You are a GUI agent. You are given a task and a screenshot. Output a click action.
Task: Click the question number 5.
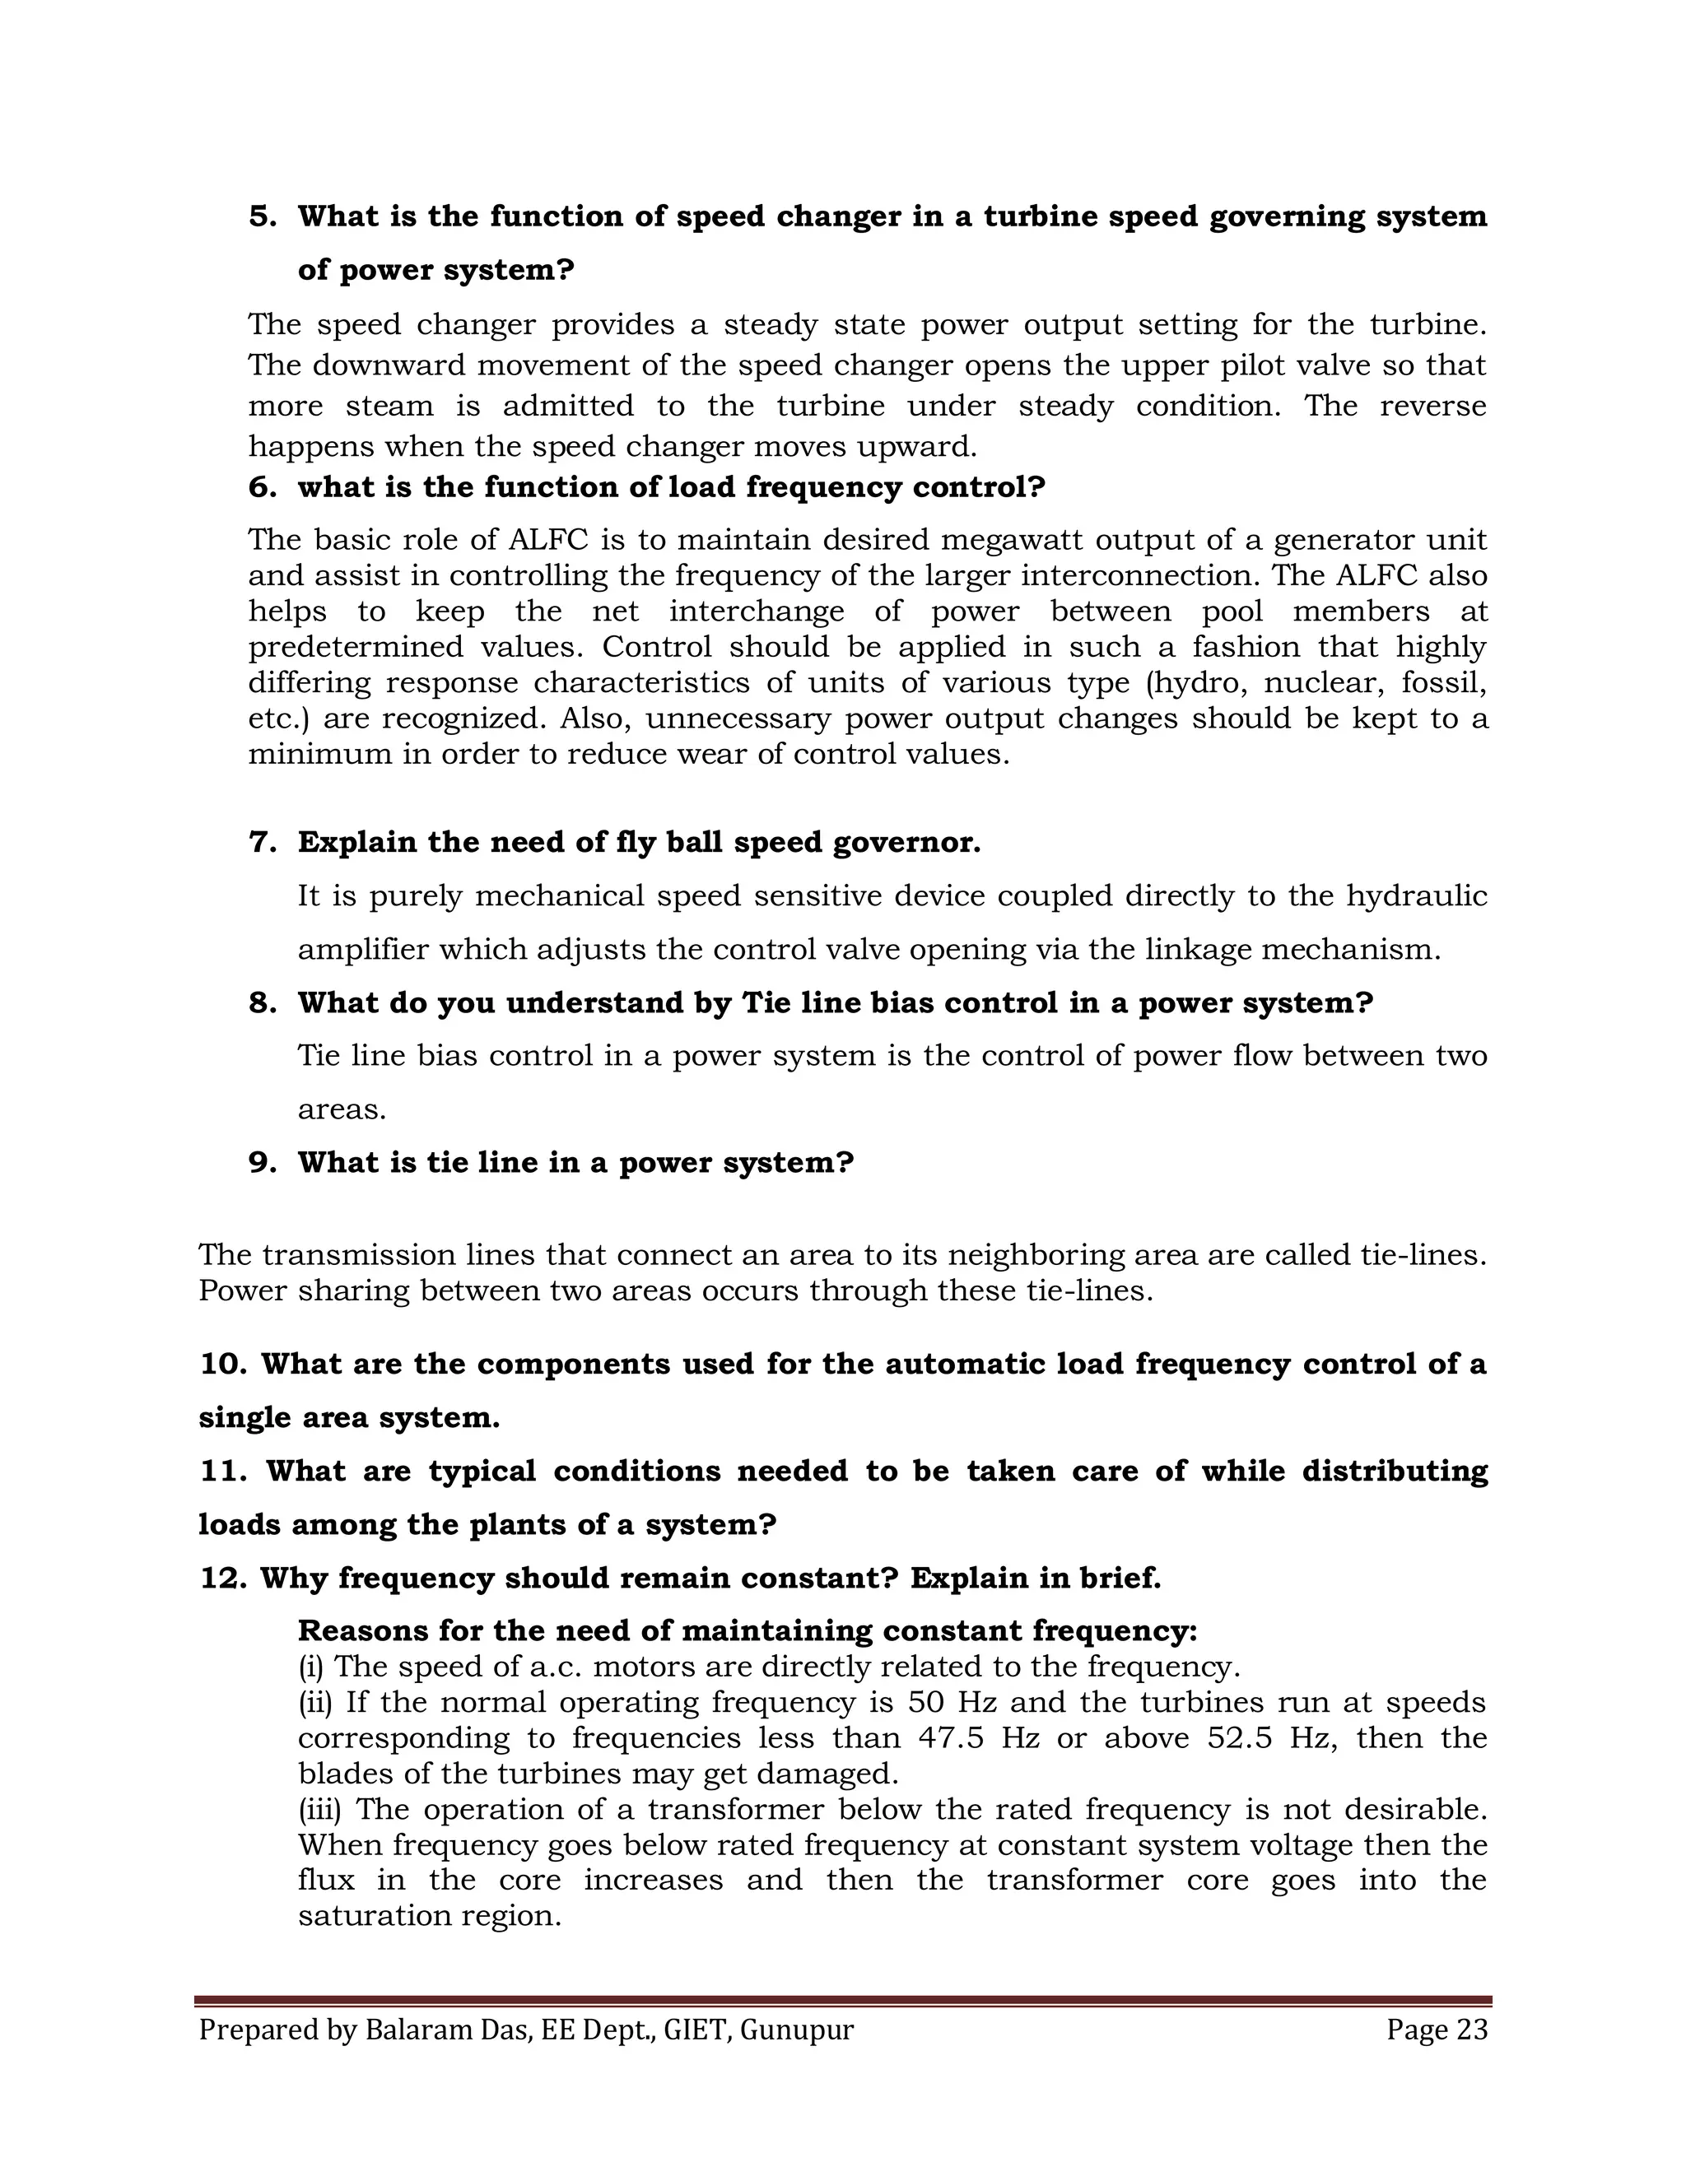pos(262,216)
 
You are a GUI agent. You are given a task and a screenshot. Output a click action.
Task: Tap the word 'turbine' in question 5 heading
pos(1040,216)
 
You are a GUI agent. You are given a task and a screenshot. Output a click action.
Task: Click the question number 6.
pos(262,487)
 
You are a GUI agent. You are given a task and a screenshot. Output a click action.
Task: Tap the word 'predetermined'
pos(356,647)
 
